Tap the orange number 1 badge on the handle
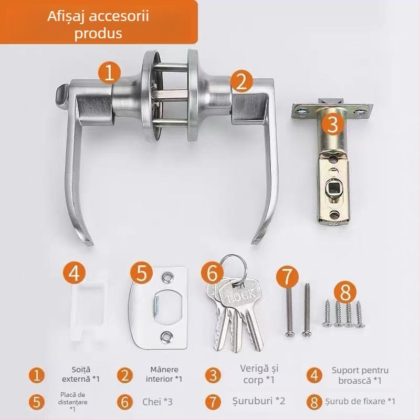click(x=109, y=72)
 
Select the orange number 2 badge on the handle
click(x=241, y=81)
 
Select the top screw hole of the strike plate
click(x=167, y=276)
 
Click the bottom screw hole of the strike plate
click(x=167, y=335)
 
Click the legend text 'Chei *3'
click(x=157, y=402)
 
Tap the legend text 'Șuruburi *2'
click(x=259, y=402)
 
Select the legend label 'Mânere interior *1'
click(x=164, y=374)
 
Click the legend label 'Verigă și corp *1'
click(x=255, y=375)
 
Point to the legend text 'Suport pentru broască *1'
click(x=360, y=375)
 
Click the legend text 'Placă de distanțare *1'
click(x=72, y=402)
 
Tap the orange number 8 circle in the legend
click(x=314, y=403)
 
